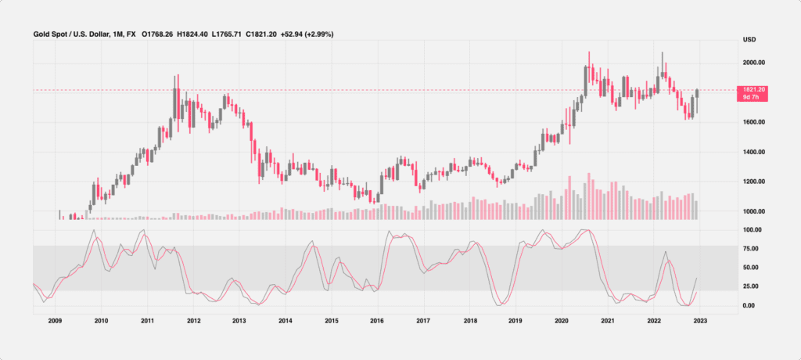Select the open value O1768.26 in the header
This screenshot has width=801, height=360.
(160, 34)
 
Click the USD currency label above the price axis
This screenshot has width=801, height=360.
(748, 39)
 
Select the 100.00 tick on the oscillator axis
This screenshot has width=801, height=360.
(752, 230)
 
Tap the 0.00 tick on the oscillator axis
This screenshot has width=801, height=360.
(749, 305)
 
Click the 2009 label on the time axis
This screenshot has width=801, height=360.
(55, 321)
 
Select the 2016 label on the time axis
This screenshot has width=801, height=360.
(377, 321)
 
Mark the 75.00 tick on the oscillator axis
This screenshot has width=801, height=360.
(752, 249)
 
